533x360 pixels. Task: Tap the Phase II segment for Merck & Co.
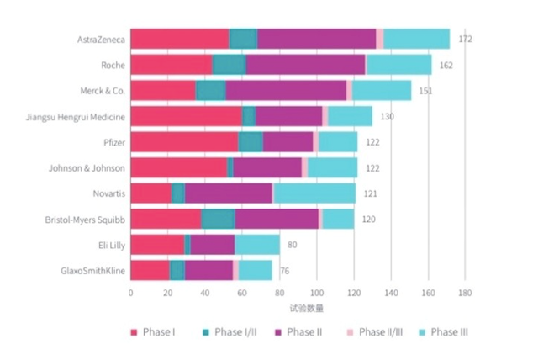coord(286,90)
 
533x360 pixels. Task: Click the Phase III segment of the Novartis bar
coord(314,194)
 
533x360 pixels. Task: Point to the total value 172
coord(465,39)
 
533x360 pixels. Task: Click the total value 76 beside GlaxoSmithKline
coord(286,271)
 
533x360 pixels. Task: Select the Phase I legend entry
coord(152,331)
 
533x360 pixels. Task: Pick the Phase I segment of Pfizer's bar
coord(184,142)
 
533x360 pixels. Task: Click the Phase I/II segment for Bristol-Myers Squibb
coord(218,220)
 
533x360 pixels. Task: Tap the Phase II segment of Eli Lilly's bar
coord(213,245)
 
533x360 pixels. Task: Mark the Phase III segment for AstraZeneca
coord(417,39)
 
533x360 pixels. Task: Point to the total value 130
coord(388,116)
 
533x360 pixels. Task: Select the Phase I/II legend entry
coord(230,331)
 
